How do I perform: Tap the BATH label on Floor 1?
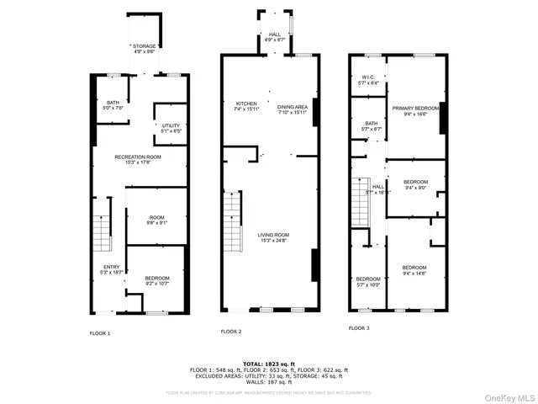click(x=113, y=104)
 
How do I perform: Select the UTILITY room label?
click(x=171, y=127)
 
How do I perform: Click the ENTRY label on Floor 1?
click(x=111, y=269)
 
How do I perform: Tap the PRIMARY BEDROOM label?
click(x=416, y=111)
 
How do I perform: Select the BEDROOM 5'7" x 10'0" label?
click(x=367, y=281)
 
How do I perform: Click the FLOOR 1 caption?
click(x=100, y=333)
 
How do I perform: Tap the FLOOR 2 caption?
click(x=230, y=332)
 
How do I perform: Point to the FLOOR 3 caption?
click(x=359, y=327)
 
